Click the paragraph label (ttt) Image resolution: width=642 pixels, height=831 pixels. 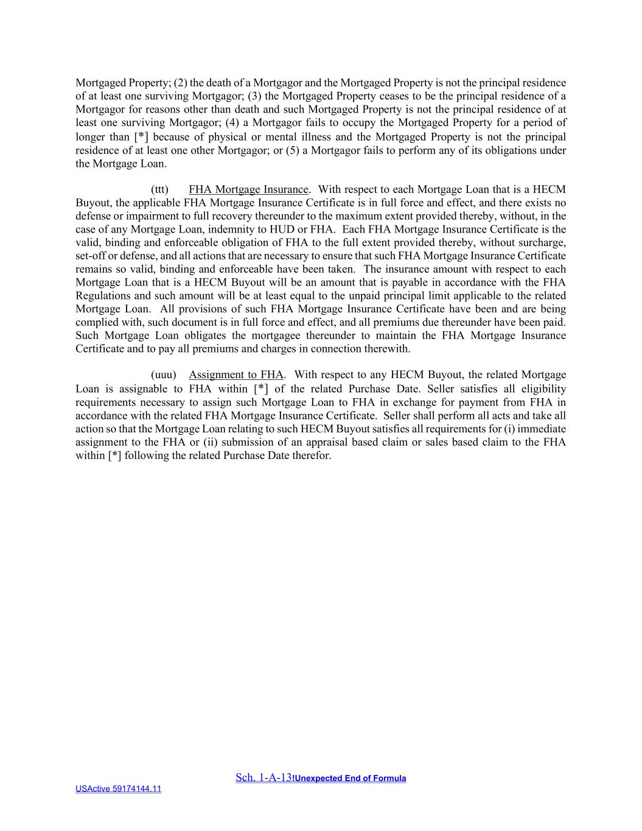click(159, 189)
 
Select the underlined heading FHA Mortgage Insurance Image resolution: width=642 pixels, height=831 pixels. click(248, 189)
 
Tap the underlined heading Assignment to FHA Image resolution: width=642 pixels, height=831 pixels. click(236, 374)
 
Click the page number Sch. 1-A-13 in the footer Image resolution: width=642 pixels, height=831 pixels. click(263, 777)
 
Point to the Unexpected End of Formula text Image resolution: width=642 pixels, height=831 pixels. click(350, 778)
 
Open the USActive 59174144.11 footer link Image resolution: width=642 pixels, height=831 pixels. click(118, 789)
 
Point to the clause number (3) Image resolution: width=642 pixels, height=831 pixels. click(255, 96)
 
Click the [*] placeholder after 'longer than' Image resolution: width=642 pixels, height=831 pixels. click(141, 137)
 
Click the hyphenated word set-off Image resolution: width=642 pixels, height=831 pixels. click(90, 256)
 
